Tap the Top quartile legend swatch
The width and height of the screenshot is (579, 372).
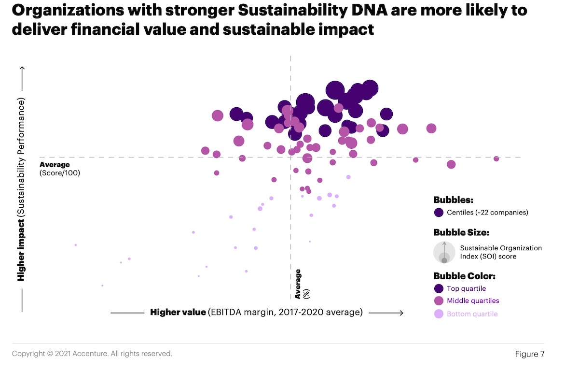pos(439,288)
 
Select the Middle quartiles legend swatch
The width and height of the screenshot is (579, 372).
pos(439,300)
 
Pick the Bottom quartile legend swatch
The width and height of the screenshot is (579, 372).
pos(439,314)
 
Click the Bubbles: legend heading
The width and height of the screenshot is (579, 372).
pos(453,200)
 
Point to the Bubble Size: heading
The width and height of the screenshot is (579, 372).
pos(461,232)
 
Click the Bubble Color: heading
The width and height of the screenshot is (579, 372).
pos(464,276)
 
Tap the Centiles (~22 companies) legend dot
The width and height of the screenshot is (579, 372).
pos(439,212)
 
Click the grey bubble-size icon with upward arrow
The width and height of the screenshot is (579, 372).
pos(444,252)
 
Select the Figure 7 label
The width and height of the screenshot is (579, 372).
pos(529,354)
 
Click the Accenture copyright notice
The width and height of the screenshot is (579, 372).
pos(92,354)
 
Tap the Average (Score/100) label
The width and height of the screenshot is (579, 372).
pos(60,169)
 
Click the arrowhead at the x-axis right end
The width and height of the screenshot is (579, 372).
pos(400,313)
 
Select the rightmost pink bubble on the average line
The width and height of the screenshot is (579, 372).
pos(496,158)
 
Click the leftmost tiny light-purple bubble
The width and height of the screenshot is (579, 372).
pos(76,245)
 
